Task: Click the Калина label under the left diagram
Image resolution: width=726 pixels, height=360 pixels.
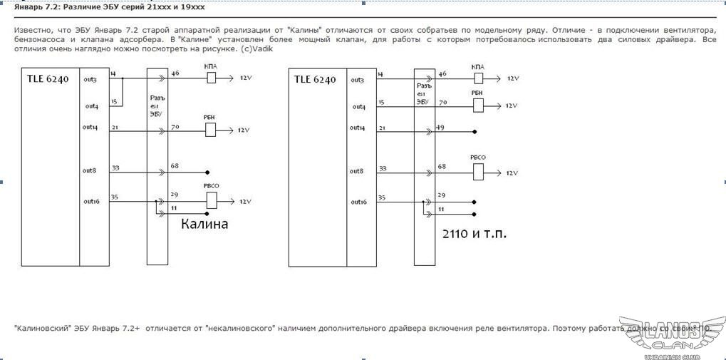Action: click(204, 224)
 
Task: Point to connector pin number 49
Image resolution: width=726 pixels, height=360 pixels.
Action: click(442, 127)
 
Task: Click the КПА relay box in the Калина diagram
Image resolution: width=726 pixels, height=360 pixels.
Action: click(212, 78)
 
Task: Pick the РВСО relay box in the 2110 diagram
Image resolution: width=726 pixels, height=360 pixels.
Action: click(478, 172)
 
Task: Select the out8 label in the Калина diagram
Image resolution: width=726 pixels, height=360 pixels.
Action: click(90, 170)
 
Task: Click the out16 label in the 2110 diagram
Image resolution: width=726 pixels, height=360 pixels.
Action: click(359, 202)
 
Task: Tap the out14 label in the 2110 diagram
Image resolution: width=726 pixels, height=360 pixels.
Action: click(358, 128)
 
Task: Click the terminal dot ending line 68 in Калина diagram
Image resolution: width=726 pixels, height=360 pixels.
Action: click(207, 172)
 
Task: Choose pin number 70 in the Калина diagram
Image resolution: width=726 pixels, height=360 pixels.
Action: click(175, 126)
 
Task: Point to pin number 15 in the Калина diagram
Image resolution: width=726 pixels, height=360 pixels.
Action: click(113, 102)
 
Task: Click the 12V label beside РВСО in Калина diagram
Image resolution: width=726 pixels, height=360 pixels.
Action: click(245, 202)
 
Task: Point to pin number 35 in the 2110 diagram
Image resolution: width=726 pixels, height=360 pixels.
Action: click(382, 197)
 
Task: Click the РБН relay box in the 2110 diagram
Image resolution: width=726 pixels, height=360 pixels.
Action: click(478, 106)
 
